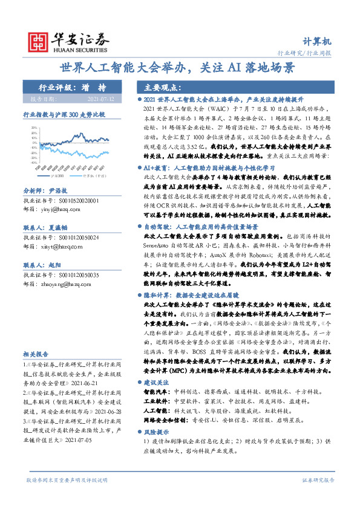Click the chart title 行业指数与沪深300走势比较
click(x=64, y=114)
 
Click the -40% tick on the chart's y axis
click(x=34, y=170)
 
